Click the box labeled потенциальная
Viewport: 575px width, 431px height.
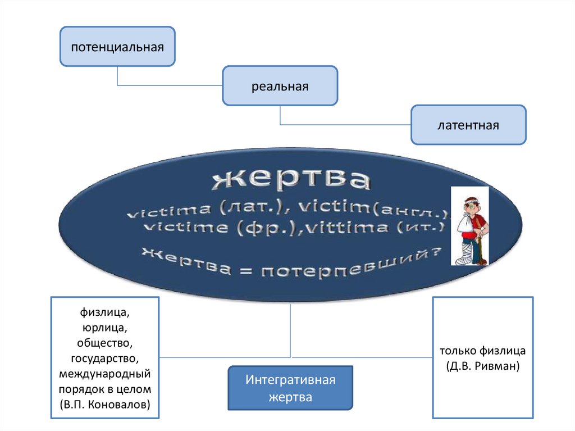click(x=117, y=46)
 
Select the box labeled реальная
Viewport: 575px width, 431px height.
click(x=280, y=86)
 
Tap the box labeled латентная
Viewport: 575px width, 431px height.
click(x=468, y=125)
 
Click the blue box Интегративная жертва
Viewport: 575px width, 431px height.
click(x=290, y=388)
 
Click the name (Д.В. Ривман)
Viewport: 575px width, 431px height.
click(x=482, y=366)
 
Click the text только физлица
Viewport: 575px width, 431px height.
click(x=482, y=351)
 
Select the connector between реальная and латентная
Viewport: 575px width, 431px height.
click(x=337, y=124)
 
